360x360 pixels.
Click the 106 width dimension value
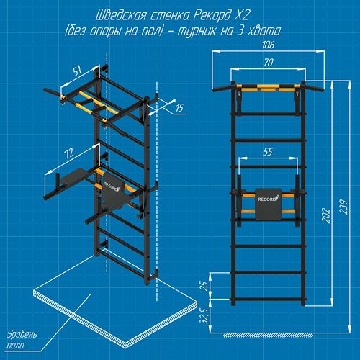click(268, 45)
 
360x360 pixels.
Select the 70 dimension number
click(269, 63)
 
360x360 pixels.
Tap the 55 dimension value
click(268, 152)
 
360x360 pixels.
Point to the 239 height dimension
click(343, 207)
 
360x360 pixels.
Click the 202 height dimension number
click(326, 216)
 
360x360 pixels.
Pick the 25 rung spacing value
click(204, 286)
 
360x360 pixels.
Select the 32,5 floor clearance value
click(204, 316)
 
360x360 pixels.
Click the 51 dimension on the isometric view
click(77, 71)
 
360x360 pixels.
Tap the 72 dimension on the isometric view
click(69, 153)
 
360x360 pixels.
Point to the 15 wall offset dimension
click(179, 108)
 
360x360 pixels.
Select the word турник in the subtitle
click(197, 31)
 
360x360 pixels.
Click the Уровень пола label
click(22, 340)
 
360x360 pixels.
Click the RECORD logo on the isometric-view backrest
click(112, 186)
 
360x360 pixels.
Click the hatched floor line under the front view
click(268, 336)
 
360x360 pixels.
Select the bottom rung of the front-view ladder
click(268, 300)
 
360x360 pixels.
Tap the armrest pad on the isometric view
click(72, 174)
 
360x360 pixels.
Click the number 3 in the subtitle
click(240, 31)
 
